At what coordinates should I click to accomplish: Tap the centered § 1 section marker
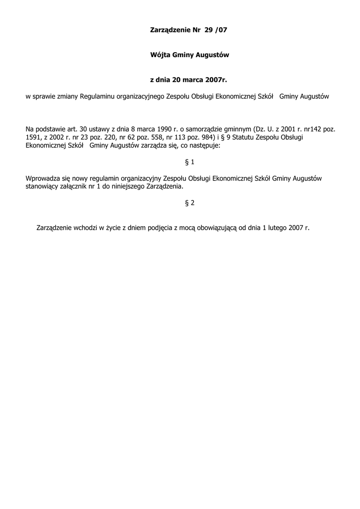click(x=189, y=162)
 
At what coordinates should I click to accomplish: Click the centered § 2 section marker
click(x=189, y=203)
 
